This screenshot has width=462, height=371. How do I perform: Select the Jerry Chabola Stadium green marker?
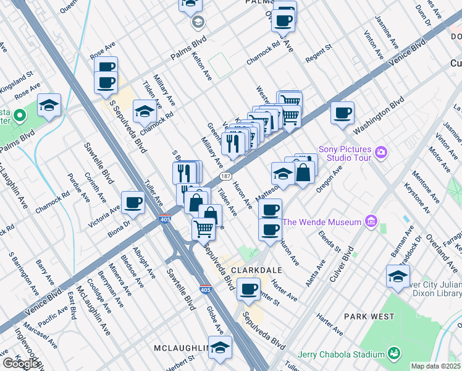pyautogui.click(x=393, y=354)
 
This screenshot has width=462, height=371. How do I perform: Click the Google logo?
pyautogui.click(x=20, y=364)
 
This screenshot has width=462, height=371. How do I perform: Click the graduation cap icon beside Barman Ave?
pyautogui.click(x=398, y=276)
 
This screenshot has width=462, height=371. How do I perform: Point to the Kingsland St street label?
pyautogui.click(x=17, y=82)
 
